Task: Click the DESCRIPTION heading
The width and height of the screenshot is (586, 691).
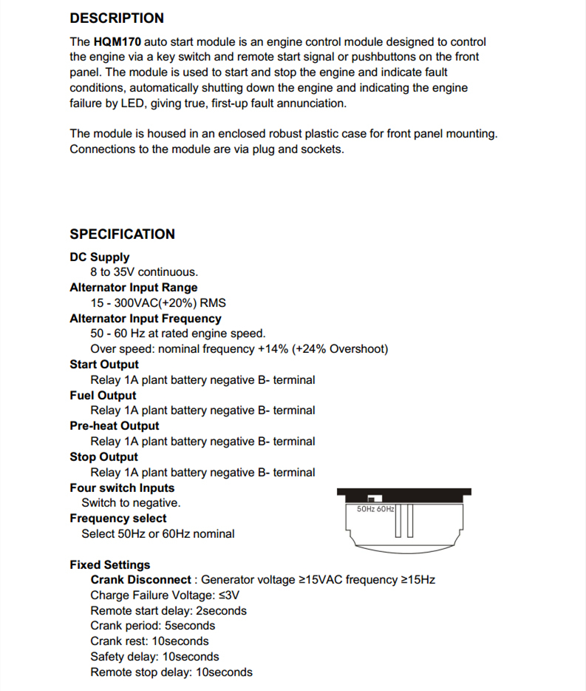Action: [117, 18]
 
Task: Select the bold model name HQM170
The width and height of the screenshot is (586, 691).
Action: [117, 42]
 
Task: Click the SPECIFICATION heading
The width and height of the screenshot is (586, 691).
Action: [122, 235]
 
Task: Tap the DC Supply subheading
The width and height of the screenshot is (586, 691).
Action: [99, 257]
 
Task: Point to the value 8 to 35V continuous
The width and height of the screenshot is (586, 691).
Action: [144, 272]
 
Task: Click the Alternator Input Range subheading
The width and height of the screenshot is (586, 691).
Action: [133, 288]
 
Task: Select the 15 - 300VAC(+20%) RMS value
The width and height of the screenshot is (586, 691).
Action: [158, 303]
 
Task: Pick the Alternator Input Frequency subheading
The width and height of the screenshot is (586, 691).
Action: [145, 319]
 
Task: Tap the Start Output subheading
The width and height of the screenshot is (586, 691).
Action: [103, 365]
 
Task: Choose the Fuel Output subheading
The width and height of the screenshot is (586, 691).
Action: [103, 396]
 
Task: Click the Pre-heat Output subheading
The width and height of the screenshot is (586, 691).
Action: [114, 426]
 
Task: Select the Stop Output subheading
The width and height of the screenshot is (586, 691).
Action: [103, 457]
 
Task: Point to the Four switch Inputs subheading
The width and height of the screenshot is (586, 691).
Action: [122, 488]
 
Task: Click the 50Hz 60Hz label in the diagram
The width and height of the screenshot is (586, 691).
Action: [375, 510]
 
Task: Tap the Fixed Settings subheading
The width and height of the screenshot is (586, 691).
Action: [109, 565]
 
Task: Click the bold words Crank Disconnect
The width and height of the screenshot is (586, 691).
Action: [140, 580]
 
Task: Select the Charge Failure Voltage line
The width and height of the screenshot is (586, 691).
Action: [165, 596]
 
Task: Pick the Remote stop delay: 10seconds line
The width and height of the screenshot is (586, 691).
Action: [171, 673]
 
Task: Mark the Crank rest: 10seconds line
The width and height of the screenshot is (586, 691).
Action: [149, 641]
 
